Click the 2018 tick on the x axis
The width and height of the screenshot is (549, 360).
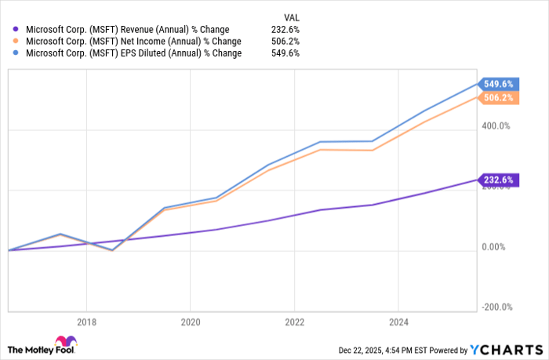coord(86,322)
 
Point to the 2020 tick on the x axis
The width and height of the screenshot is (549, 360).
coord(190,322)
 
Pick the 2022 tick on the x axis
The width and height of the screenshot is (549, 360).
coord(294,322)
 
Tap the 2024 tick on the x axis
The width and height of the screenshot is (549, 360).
coord(398,322)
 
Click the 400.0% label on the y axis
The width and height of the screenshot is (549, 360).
coord(496,126)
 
